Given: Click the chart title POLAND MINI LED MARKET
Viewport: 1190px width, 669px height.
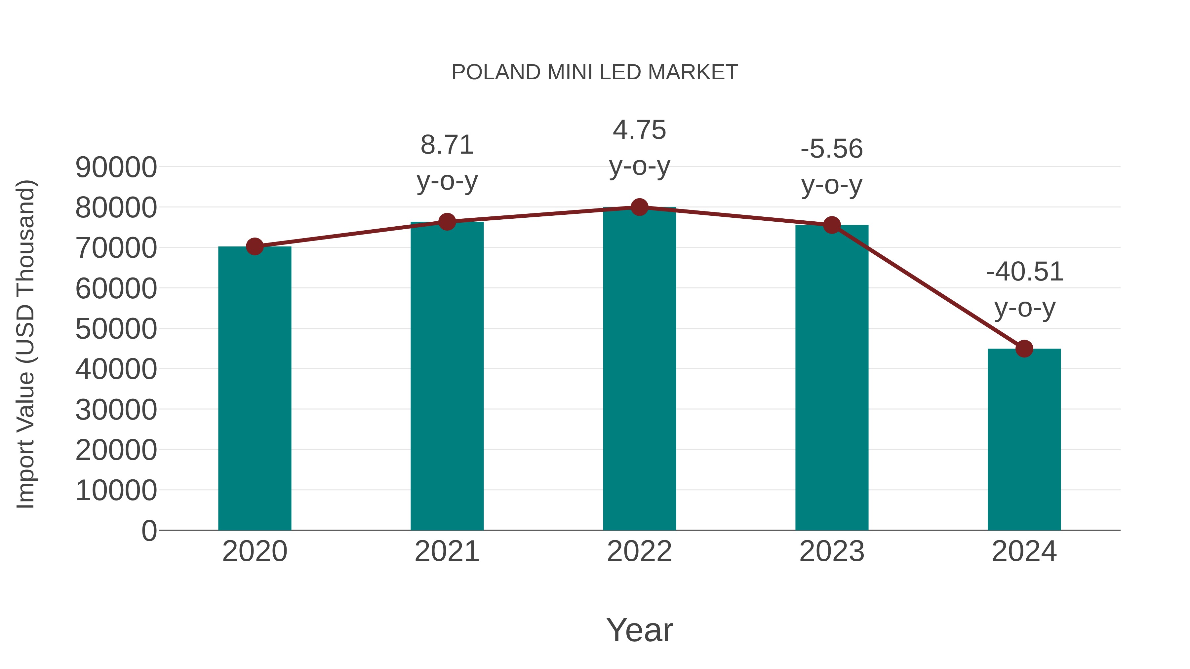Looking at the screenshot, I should [595, 72].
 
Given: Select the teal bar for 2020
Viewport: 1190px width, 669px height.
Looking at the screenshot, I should [255, 388].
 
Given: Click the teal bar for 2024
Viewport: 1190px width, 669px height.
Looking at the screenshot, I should [1024, 439].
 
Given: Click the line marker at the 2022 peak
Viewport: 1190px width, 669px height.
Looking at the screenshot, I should [639, 207].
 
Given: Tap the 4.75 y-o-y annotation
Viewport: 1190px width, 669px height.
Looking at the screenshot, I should [639, 148].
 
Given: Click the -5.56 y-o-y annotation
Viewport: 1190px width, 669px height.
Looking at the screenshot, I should [832, 167].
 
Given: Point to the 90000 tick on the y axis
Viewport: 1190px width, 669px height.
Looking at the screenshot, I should [116, 167].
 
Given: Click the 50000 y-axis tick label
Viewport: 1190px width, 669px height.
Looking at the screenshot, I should [116, 329].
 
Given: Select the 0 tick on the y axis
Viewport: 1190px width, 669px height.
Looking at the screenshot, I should [149, 531].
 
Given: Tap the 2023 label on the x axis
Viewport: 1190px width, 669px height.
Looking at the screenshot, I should [832, 551].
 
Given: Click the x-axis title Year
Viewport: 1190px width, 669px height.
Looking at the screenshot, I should [639, 630].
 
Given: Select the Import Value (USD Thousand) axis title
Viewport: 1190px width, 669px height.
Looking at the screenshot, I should [26, 344].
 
